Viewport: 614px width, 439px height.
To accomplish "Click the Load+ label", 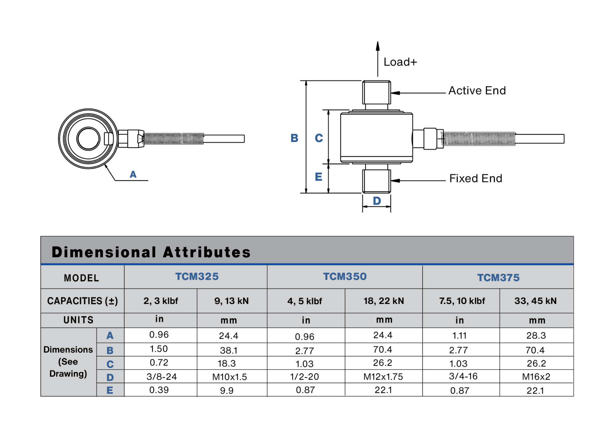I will point(400,62).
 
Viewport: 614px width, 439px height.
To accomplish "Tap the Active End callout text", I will point(477,91).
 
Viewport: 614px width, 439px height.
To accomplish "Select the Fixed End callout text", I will point(476,179).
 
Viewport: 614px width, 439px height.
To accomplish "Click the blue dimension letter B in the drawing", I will point(294,138).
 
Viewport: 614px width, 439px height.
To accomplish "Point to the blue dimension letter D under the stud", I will point(377,201).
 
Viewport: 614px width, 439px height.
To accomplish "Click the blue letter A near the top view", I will point(133,175).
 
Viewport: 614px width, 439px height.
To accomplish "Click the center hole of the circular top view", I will point(88,139).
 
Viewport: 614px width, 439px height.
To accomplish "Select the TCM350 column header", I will point(345,277).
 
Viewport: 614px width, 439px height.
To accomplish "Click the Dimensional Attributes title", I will point(151,252).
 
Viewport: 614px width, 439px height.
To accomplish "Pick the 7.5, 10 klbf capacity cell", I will point(462,301).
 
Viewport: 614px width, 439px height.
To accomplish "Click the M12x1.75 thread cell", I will point(383,377).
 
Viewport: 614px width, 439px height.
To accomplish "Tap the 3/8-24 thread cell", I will point(161,377).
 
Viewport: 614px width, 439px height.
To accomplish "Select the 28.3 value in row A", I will point(536,336).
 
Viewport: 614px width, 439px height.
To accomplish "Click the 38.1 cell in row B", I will point(228,350).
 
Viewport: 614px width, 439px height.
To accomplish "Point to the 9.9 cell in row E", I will point(227,391).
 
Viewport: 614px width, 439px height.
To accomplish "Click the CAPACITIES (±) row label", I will point(82,301).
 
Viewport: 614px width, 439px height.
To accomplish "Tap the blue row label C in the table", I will point(110,364).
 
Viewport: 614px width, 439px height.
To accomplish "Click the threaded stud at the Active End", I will point(376,93).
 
